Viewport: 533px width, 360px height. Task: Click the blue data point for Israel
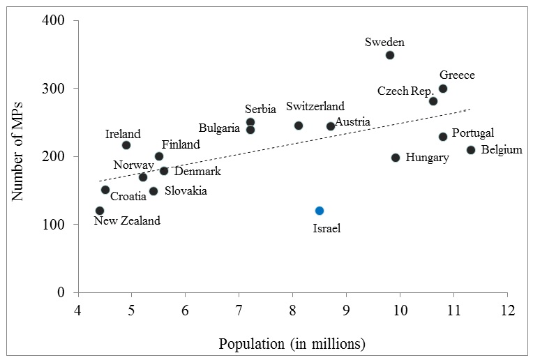tap(320, 211)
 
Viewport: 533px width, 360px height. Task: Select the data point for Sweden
tap(390, 55)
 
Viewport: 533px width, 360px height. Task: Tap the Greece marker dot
tap(443, 89)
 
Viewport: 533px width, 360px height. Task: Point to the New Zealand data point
tap(100, 211)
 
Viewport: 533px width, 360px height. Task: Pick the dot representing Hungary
tap(396, 158)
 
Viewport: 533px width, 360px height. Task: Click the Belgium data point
tap(471, 150)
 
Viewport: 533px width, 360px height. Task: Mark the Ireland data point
tap(126, 145)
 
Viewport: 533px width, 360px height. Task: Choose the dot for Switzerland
tap(299, 126)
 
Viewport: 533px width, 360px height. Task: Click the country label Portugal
tap(472, 133)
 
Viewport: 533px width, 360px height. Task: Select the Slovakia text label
tap(186, 190)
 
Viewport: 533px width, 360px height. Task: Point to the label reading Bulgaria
tap(219, 128)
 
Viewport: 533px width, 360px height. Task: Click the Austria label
tap(352, 123)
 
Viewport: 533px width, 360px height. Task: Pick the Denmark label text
tap(197, 171)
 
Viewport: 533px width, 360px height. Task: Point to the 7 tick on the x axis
tap(239, 309)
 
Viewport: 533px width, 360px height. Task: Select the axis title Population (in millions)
tap(292, 343)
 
